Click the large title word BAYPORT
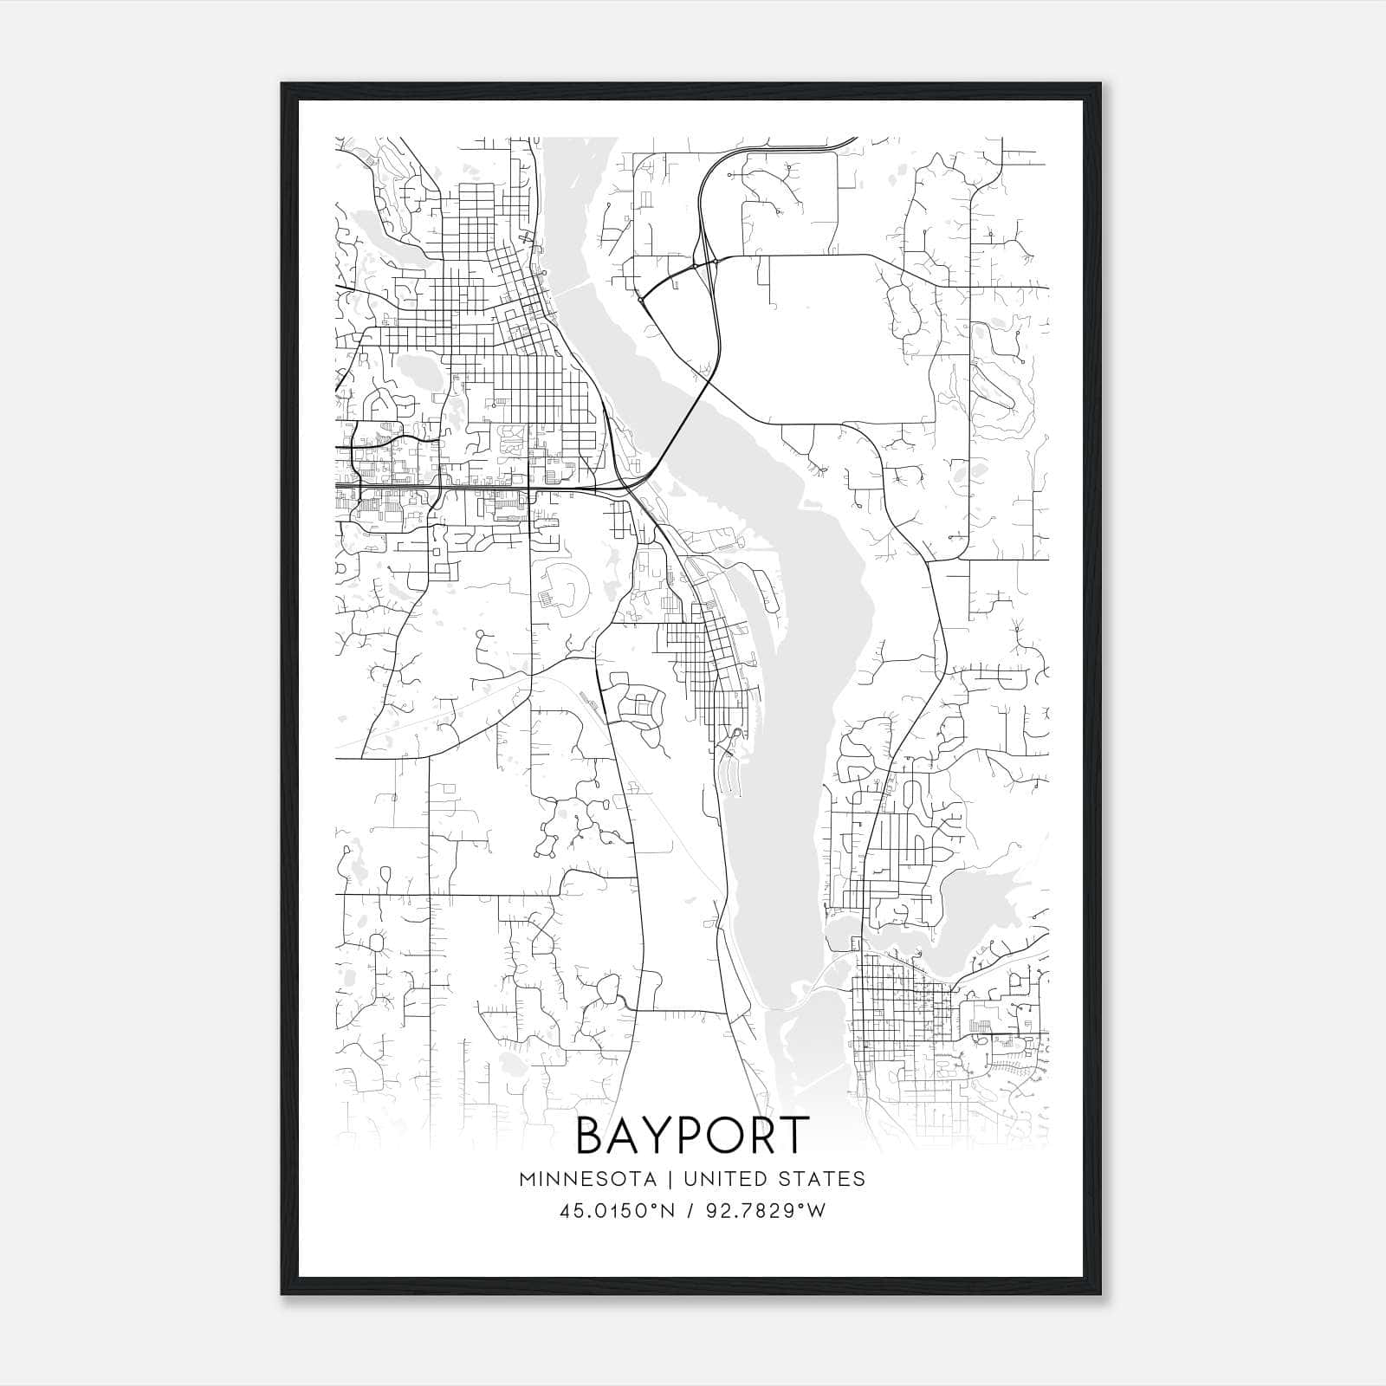(692, 1136)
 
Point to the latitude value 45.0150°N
(616, 1211)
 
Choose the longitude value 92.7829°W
(767, 1211)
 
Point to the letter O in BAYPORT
(726, 1136)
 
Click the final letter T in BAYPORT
(794, 1136)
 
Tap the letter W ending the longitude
(817, 1211)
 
